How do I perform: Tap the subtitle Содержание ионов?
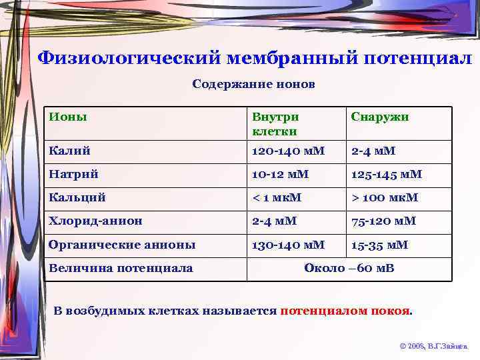point(253,85)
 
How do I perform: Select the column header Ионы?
point(67,117)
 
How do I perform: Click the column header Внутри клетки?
point(275,123)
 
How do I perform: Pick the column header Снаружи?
point(380,117)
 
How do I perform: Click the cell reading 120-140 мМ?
point(288,151)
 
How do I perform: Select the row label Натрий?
point(73,174)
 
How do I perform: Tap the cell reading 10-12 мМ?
point(280,174)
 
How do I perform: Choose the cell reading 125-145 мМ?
point(387,174)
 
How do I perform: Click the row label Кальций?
point(77,197)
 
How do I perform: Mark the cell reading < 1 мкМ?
point(277,197)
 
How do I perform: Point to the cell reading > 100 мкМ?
point(385,197)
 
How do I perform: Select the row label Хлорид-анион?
point(95,221)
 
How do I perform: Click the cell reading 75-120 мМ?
point(383,221)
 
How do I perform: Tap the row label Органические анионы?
point(122,245)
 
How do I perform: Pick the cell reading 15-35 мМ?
point(380,245)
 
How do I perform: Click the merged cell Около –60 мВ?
point(349,268)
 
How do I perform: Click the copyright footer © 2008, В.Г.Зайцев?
point(433,347)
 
